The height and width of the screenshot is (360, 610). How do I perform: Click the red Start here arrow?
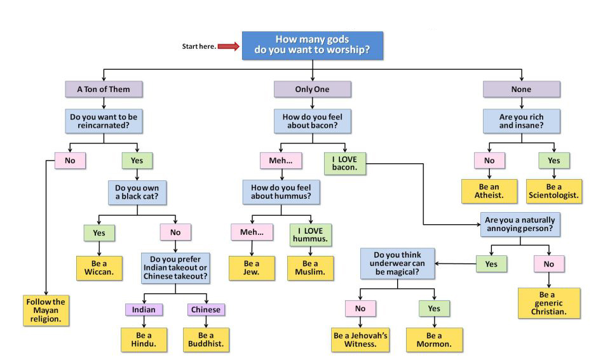[x=228, y=46]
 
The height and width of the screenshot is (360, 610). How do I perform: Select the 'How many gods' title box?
[x=312, y=45]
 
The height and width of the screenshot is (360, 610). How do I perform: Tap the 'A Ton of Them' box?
[x=103, y=90]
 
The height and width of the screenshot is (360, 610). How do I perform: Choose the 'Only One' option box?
[x=312, y=90]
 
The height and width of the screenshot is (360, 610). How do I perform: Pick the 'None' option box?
[x=521, y=90]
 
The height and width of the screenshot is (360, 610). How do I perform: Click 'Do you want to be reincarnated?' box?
[x=103, y=121]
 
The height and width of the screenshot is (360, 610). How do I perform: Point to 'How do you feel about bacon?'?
[x=312, y=121]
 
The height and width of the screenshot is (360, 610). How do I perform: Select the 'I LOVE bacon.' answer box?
[x=344, y=163]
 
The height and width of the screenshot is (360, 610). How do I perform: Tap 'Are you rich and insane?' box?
[x=521, y=121]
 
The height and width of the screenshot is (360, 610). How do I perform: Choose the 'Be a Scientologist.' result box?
[x=554, y=191]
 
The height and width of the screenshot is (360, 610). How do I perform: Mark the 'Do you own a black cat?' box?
[x=137, y=192]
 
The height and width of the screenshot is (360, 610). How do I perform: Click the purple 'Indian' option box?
[x=144, y=309]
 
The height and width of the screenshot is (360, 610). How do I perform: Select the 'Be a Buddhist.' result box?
[x=206, y=340]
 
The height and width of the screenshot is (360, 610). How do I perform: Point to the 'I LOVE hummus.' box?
[x=310, y=234]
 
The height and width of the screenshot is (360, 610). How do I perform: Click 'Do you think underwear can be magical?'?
[x=398, y=263]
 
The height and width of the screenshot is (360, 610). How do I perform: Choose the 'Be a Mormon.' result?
[x=435, y=340]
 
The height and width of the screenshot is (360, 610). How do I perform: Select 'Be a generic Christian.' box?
[x=549, y=303]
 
